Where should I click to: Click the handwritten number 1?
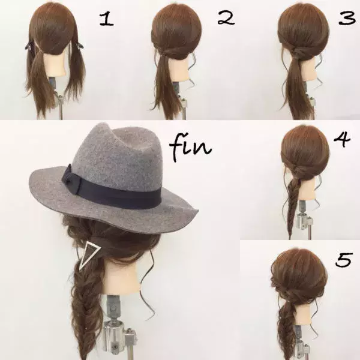click(106, 20)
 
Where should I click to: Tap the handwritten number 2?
click(225, 19)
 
